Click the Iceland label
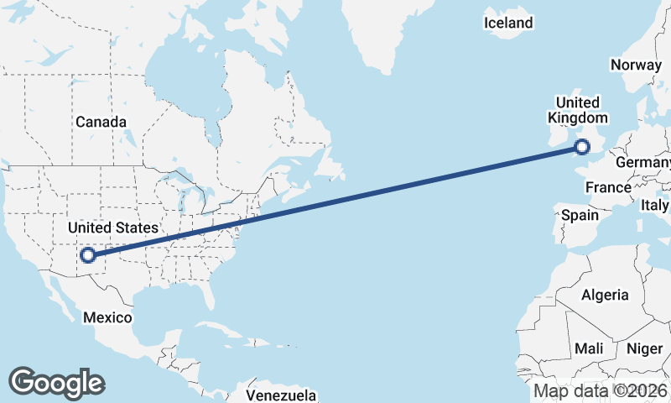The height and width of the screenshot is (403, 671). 508,23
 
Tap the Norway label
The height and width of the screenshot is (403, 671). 636,65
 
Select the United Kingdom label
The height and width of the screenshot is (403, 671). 576,110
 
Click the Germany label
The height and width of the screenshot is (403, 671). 644,161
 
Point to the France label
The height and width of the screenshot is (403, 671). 608,187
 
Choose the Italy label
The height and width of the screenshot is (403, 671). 655,205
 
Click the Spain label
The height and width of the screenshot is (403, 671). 580,215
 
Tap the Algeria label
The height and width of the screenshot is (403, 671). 605,295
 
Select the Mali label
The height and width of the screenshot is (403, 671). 589,348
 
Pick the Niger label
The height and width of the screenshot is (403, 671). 644,348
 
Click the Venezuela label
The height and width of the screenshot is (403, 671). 281,395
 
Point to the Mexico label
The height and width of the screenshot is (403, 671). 107,317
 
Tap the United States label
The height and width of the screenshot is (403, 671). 112,228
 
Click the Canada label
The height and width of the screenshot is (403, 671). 101,122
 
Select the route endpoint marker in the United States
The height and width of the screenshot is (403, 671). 88,254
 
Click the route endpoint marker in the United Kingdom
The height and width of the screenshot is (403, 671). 581,149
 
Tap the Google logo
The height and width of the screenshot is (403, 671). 57,382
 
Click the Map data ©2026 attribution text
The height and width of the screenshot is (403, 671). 601,390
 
